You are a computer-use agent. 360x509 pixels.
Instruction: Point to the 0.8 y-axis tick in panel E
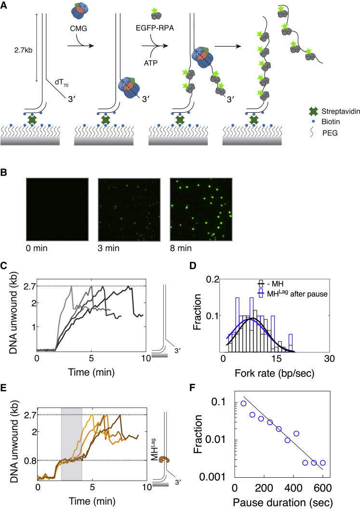tap(28, 461)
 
